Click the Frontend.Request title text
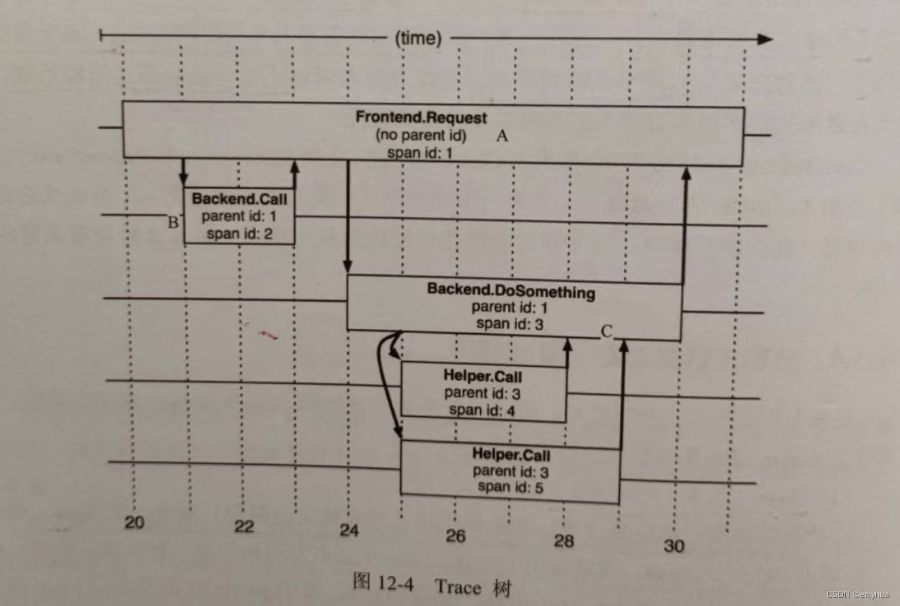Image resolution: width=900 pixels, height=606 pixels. tap(421, 117)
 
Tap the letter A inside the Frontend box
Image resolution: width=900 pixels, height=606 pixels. tap(502, 136)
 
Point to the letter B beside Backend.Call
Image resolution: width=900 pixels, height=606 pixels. tap(173, 222)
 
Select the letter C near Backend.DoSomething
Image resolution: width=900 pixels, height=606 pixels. tap(606, 332)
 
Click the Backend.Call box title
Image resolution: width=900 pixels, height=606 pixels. tap(239, 199)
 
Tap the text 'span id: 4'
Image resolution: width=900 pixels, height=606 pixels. tap(482, 410)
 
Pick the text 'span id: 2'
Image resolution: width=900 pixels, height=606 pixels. tap(239, 233)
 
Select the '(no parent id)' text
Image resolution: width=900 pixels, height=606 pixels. tap(421, 135)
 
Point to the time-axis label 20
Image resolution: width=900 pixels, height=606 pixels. tap(134, 522)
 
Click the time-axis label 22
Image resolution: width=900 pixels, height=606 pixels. tap(244, 526)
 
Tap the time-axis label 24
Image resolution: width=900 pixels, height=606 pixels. tap(349, 530)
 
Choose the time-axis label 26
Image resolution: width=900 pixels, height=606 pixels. tap(455, 535)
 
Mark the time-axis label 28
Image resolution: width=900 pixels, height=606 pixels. tap(563, 540)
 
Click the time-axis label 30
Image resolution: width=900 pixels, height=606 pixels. tap(673, 545)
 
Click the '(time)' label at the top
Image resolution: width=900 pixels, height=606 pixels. tap(418, 38)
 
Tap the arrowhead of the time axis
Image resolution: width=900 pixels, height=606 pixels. tap(764, 39)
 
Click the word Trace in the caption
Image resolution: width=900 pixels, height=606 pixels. tap(457, 587)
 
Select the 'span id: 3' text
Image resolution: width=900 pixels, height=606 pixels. tap(510, 324)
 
